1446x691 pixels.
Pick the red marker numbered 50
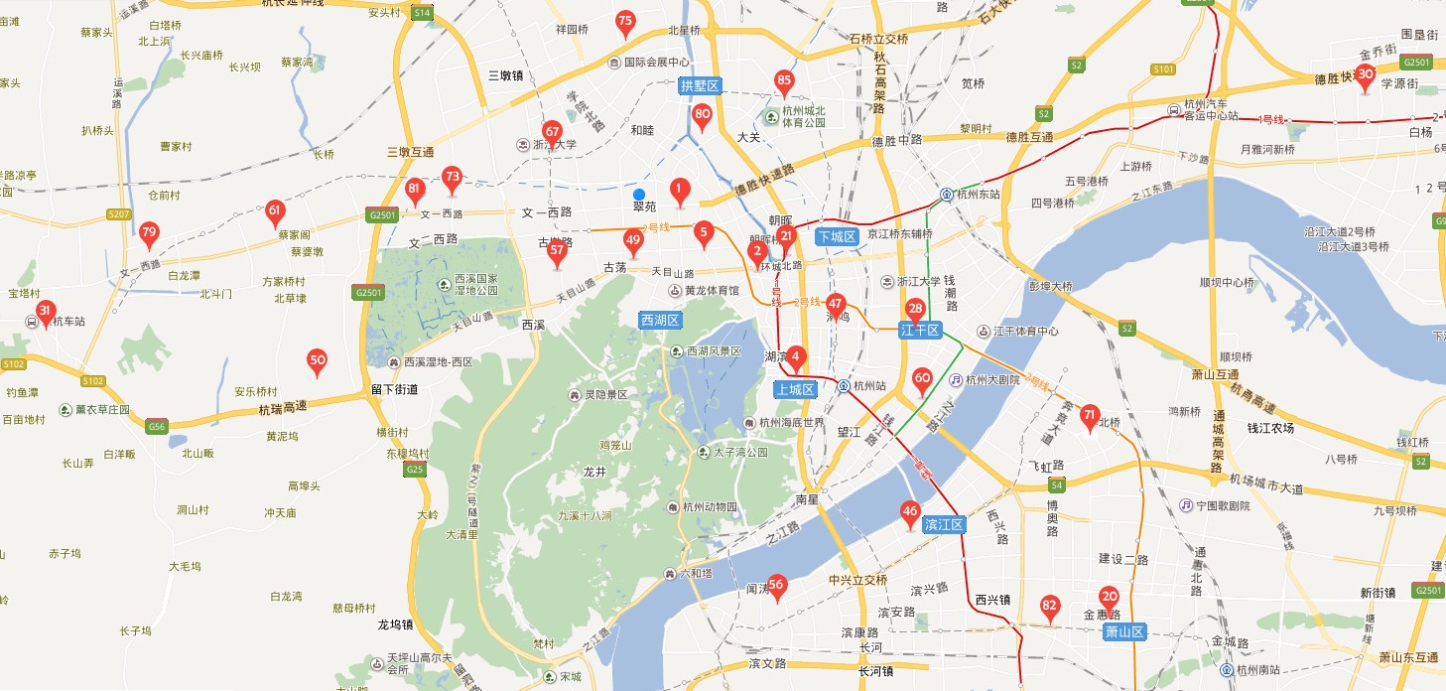pos(318,361)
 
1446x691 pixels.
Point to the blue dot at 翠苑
pos(639,194)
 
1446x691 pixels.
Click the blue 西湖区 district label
pos(660,320)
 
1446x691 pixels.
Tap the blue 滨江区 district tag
pos(943,523)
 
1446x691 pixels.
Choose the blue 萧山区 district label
pos(1124,631)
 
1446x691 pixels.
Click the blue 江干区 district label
pos(919,330)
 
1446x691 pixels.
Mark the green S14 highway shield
pos(422,12)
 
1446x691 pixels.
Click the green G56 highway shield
pos(156,426)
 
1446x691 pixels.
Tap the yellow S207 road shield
pos(119,214)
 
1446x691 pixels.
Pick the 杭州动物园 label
pos(710,507)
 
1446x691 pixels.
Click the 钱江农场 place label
pos(1271,428)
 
